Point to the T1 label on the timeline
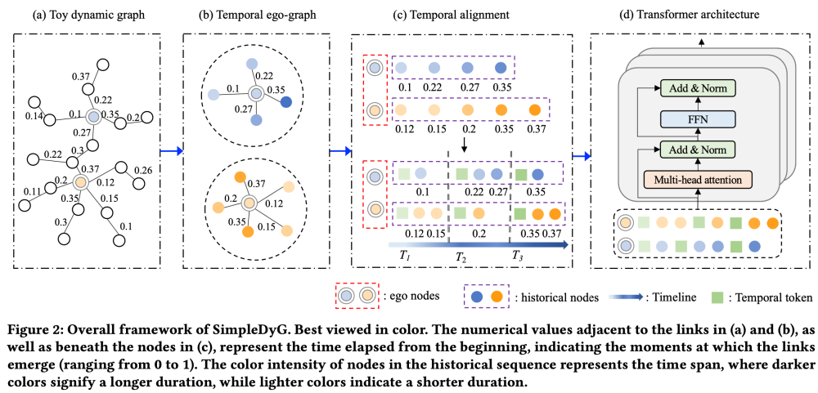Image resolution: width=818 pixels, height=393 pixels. [404, 256]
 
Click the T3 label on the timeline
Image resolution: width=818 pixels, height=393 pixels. [518, 256]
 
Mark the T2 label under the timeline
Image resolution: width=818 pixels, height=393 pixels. [460, 257]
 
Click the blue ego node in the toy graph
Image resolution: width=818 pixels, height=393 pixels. [94, 118]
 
